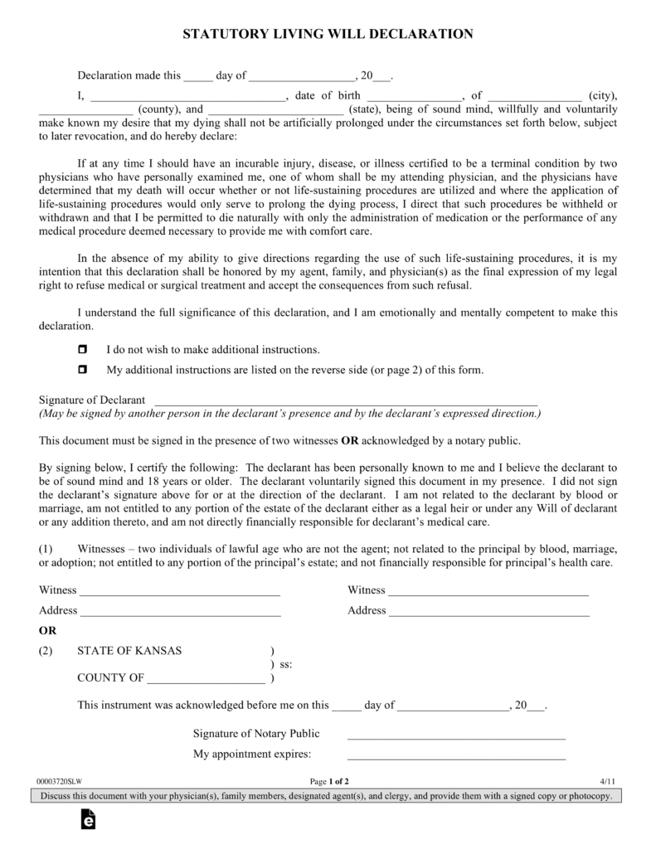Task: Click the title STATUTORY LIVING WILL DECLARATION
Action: pyautogui.click(x=328, y=34)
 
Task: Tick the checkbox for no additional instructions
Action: pyautogui.click(x=82, y=350)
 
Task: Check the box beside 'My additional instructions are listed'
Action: pyautogui.click(x=82, y=370)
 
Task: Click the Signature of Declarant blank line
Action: pyautogui.click(x=346, y=400)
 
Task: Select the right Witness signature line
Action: pyautogui.click(x=488, y=592)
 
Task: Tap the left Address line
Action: pyautogui.click(x=181, y=612)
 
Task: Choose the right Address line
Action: pyautogui.click(x=489, y=612)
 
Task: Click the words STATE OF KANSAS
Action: pyautogui.click(x=129, y=651)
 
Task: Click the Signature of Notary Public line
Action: pyautogui.click(x=456, y=735)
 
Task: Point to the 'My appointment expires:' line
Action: pyautogui.click(x=456, y=755)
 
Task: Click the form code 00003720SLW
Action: pyautogui.click(x=61, y=781)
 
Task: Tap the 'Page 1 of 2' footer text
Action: pyautogui.click(x=329, y=781)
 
